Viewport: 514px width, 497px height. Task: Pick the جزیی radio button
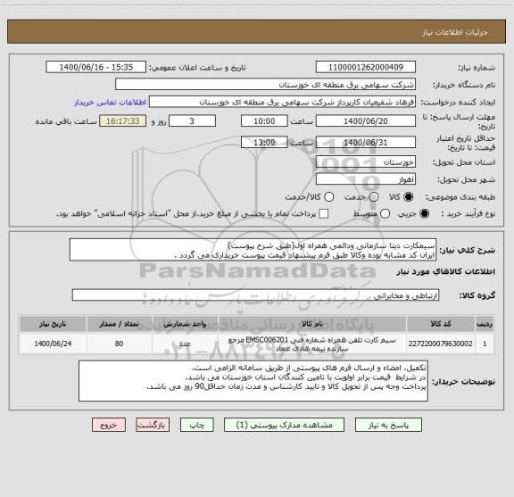423,214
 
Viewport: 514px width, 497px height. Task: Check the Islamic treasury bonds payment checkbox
324,214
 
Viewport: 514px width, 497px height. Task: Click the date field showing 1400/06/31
365,141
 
